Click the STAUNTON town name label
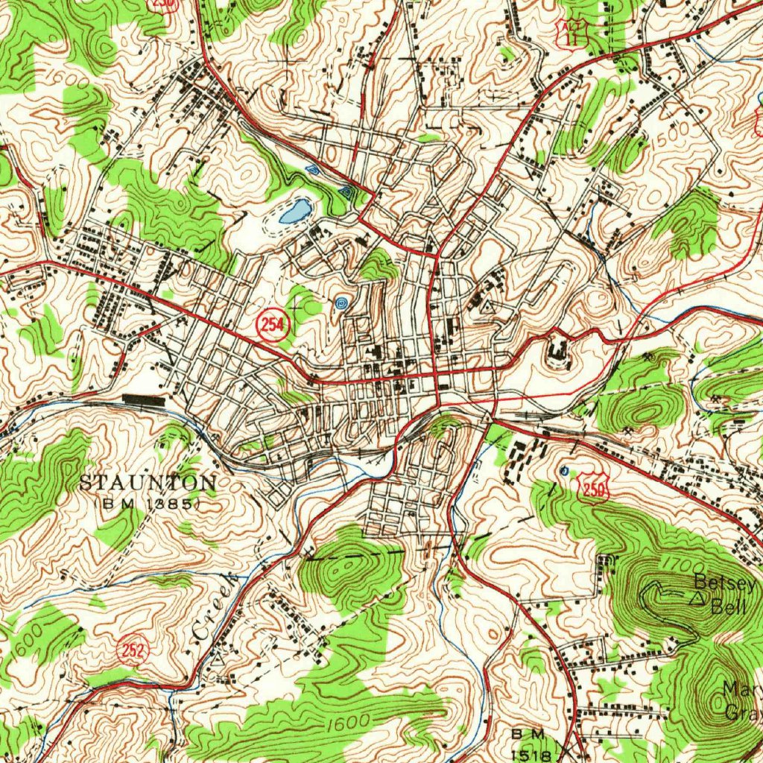click(x=148, y=483)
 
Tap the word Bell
click(x=727, y=607)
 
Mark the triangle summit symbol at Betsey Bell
click(x=697, y=597)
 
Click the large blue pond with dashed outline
click(x=295, y=212)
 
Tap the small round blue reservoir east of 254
click(x=342, y=303)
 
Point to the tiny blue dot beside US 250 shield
click(x=564, y=470)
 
